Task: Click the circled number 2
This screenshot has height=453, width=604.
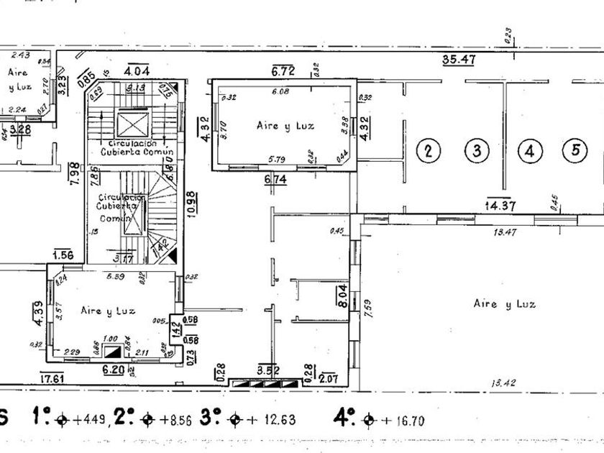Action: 428,151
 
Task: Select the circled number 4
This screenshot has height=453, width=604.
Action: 530,151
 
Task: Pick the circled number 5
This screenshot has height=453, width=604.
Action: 575,151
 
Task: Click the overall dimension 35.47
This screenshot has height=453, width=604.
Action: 456,60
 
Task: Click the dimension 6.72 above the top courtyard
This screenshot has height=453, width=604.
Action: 283,71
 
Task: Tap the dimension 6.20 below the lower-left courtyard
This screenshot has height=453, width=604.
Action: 114,370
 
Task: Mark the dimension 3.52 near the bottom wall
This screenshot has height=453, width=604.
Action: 267,371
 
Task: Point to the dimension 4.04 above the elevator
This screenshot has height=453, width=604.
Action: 137,71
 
